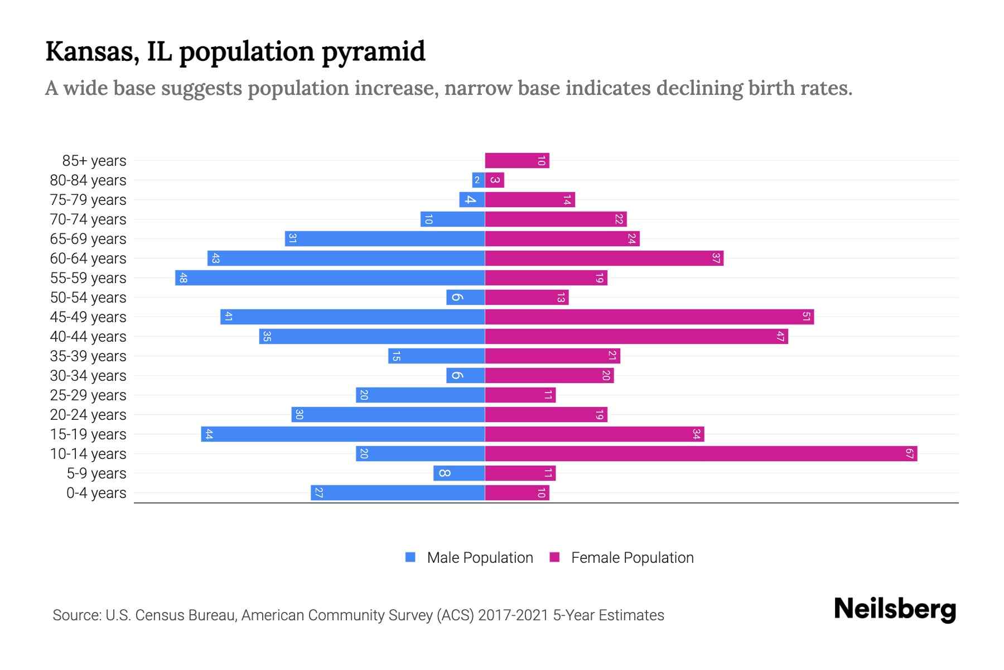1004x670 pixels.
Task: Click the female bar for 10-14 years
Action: tap(701, 453)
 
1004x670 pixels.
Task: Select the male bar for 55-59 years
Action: tap(330, 277)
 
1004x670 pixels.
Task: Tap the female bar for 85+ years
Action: tap(517, 160)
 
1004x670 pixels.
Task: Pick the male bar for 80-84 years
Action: tap(478, 180)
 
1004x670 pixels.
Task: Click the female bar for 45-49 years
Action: tap(649, 317)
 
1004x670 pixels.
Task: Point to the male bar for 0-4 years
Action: tap(398, 492)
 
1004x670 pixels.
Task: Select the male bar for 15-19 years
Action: tap(342, 434)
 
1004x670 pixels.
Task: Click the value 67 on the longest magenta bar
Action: tap(910, 453)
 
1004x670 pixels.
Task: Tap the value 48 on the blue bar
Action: tap(183, 277)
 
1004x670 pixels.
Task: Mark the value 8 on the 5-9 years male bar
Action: tap(444, 473)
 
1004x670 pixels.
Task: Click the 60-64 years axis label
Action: tap(88, 259)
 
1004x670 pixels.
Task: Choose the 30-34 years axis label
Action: tap(88, 376)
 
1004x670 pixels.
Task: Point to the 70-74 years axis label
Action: tap(88, 219)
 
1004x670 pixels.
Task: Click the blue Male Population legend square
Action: tap(411, 557)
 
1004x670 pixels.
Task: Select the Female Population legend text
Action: tap(632, 558)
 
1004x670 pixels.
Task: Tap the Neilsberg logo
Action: tap(895, 609)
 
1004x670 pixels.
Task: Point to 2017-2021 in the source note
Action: tap(513, 615)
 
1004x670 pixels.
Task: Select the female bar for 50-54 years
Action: tap(527, 297)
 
